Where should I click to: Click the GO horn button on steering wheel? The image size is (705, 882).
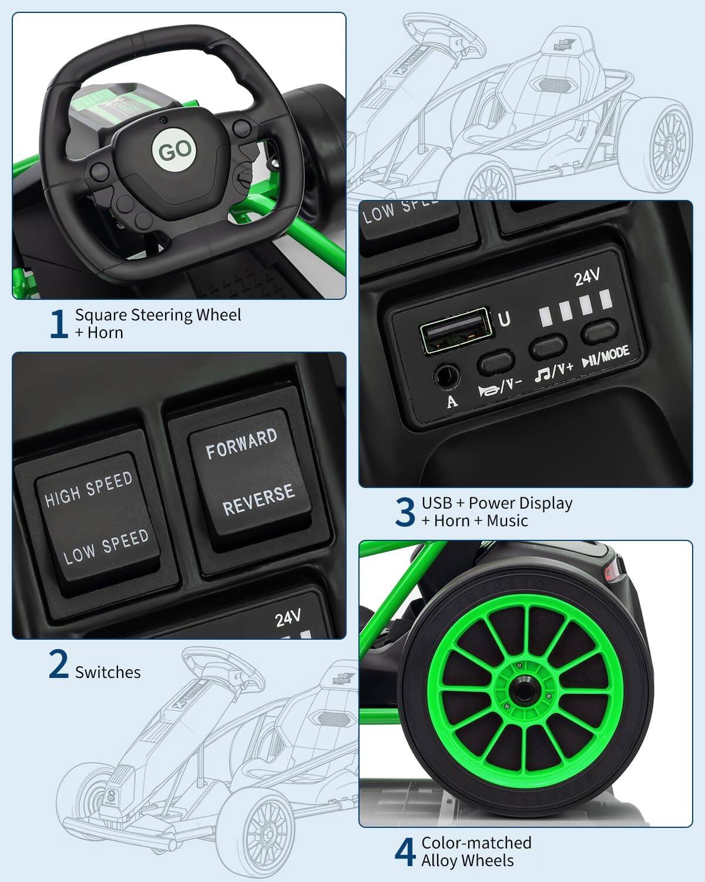tap(174, 150)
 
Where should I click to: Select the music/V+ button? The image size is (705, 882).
tap(548, 347)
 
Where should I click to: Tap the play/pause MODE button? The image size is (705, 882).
tap(600, 330)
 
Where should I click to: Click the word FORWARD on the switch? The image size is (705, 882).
tap(241, 443)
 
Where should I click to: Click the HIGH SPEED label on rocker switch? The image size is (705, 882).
tap(89, 489)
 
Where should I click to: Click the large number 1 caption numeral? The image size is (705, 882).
tap(58, 324)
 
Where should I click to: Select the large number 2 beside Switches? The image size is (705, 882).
tap(58, 664)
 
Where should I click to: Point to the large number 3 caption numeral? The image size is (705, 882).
tap(405, 512)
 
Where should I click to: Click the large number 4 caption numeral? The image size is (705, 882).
tap(405, 852)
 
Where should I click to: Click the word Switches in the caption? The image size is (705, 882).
tap(108, 672)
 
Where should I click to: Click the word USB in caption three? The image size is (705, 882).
tap(437, 503)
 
